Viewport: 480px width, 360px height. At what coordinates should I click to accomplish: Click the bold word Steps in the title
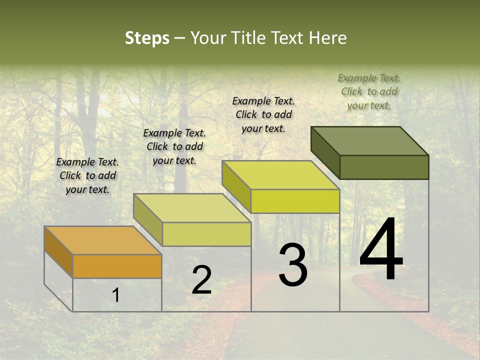[x=147, y=38]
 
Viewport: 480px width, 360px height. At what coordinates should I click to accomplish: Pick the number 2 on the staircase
[x=201, y=280]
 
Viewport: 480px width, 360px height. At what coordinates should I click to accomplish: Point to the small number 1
[x=115, y=295]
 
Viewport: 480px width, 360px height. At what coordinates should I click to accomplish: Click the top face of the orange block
[x=102, y=240]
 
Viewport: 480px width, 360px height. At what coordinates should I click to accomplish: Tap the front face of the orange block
[x=117, y=266]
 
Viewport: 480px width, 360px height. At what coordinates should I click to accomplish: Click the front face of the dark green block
[x=384, y=167]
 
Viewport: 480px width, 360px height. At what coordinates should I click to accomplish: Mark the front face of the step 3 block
[x=295, y=201]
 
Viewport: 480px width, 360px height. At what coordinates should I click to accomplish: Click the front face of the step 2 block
[x=206, y=234]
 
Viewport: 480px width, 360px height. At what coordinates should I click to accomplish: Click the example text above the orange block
[x=87, y=175]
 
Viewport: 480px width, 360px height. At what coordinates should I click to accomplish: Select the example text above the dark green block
[x=369, y=91]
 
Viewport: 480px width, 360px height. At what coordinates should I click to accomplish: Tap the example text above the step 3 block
[x=263, y=114]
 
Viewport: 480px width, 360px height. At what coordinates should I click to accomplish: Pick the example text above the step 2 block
[x=174, y=146]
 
